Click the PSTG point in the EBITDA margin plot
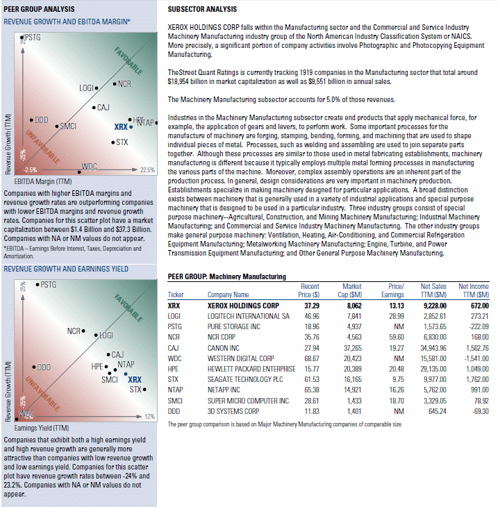pyautogui.click(x=22, y=38)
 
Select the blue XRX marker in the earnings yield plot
pyautogui.click(x=126, y=374)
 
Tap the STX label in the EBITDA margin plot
pyautogui.click(x=122, y=142)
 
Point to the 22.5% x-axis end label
pyautogui.click(x=147, y=169)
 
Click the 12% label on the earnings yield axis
pyautogui.click(x=150, y=417)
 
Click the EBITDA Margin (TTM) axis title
pyautogui.click(x=43, y=181)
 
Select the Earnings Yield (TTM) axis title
pyautogui.click(x=42, y=428)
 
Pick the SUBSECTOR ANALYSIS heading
pyautogui.click(x=202, y=9)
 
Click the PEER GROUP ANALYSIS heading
pyautogui.click(x=39, y=9)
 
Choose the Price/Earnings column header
pyautogui.click(x=392, y=290)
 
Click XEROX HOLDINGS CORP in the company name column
pyautogui.click(x=243, y=306)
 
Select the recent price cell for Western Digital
pyautogui.click(x=312, y=358)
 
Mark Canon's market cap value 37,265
pyautogui.click(x=353, y=348)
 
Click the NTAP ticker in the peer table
pyautogui.click(x=175, y=390)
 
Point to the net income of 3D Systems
pyautogui.click(x=480, y=411)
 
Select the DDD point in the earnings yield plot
pyautogui.click(x=34, y=367)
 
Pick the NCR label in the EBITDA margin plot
pyautogui.click(x=124, y=84)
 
